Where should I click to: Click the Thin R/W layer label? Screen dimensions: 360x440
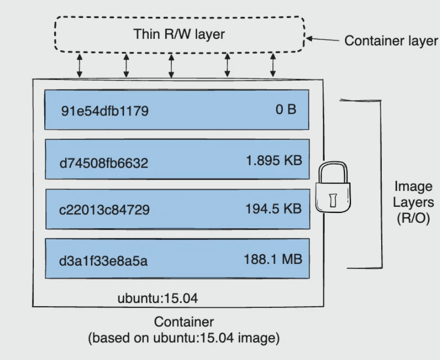coord(179,34)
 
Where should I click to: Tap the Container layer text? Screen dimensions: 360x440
coord(391,41)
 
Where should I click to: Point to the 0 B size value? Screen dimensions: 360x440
coord(286,109)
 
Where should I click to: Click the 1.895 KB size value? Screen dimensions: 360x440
coord(274,160)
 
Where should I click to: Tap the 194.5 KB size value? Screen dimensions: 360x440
coord(273,209)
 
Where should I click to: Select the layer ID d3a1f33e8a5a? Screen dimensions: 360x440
coord(104,261)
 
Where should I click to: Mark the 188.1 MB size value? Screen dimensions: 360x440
coord(273,259)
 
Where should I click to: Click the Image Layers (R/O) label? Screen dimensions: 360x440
coord(413,202)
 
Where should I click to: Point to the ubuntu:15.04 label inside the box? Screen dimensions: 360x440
coord(157,298)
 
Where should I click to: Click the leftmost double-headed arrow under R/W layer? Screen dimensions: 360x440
coord(80,65)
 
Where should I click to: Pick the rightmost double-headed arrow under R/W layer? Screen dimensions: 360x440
coord(273,65)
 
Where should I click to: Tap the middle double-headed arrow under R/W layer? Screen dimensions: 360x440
coord(171,65)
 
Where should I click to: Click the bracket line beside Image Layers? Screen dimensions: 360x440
coord(381,184)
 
